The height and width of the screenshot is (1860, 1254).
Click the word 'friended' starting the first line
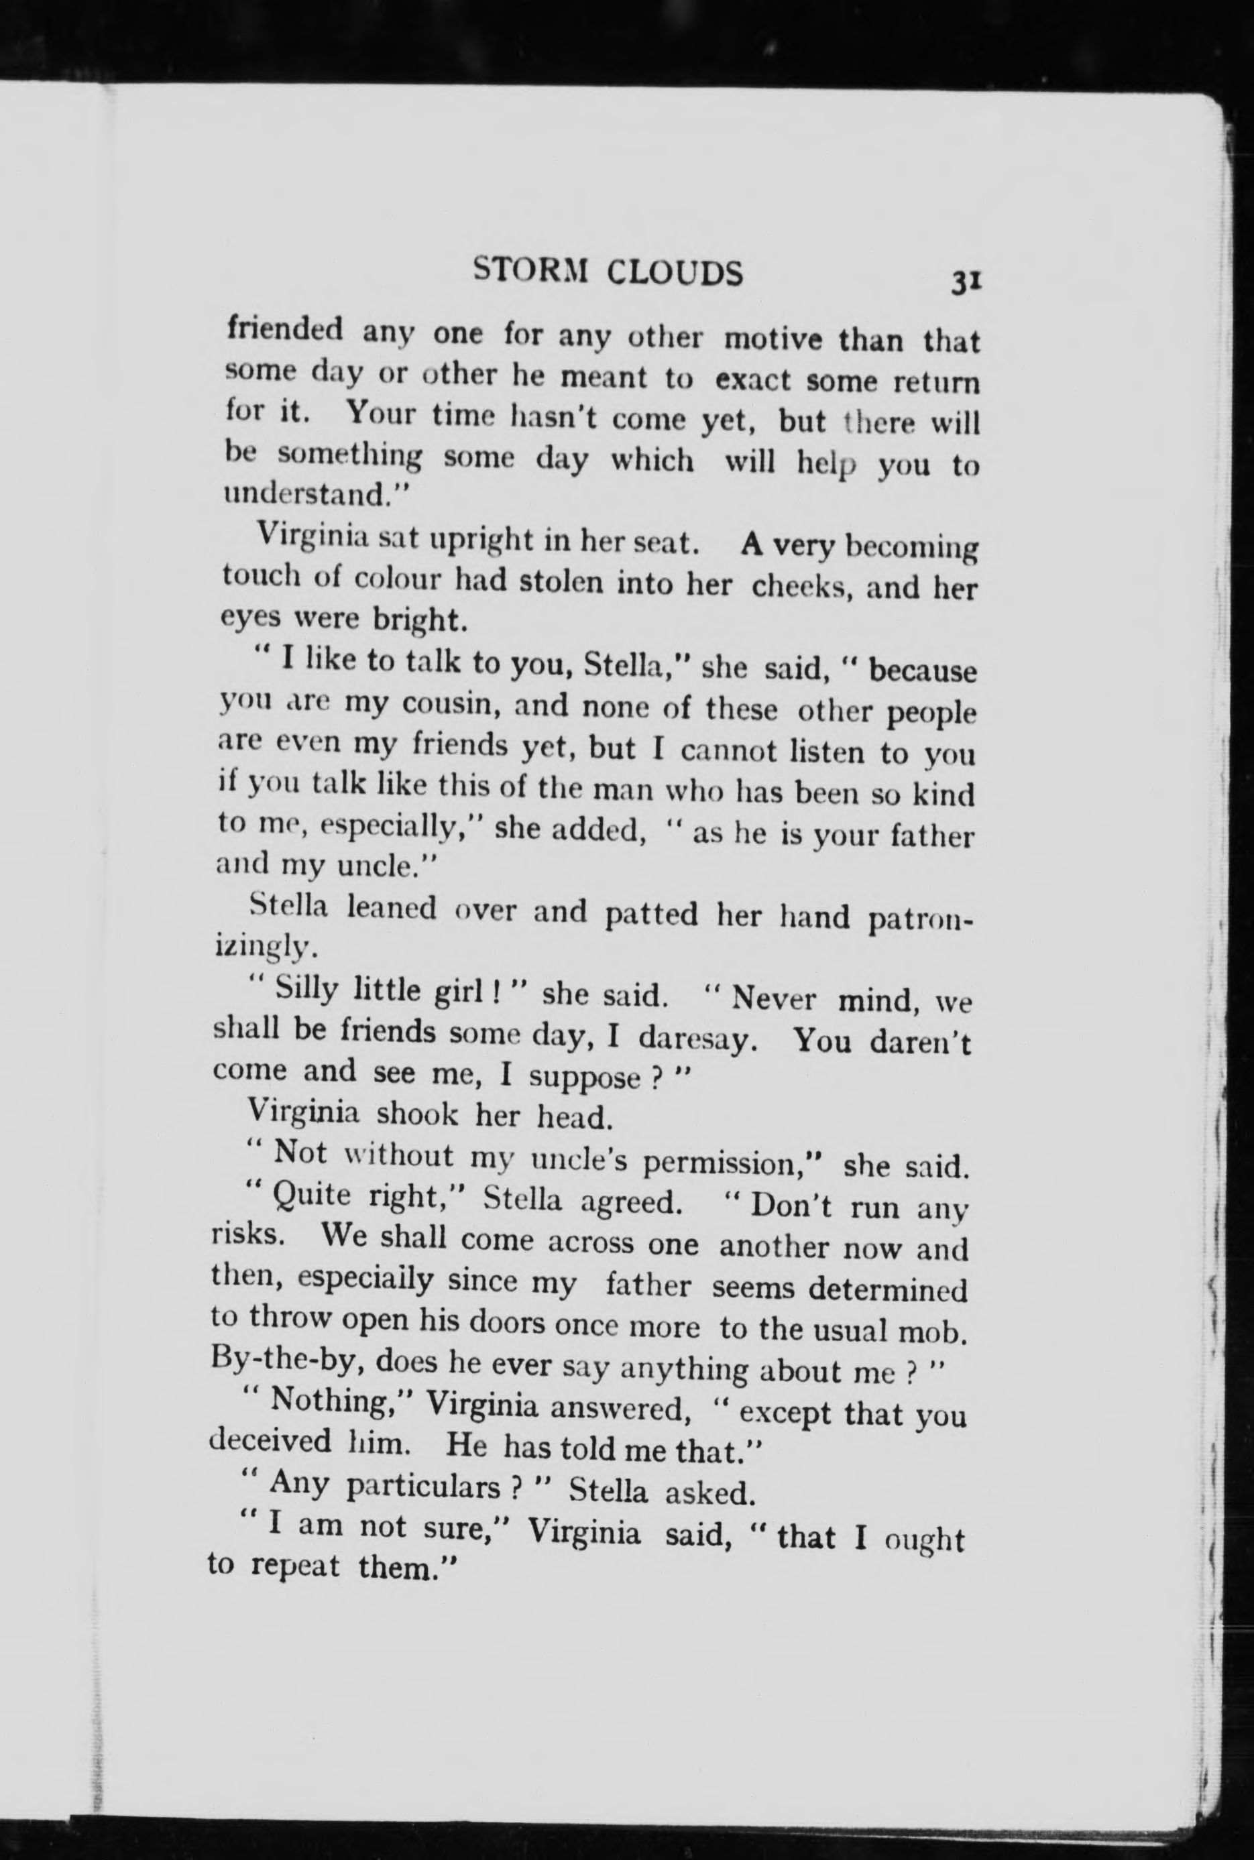(x=285, y=329)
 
